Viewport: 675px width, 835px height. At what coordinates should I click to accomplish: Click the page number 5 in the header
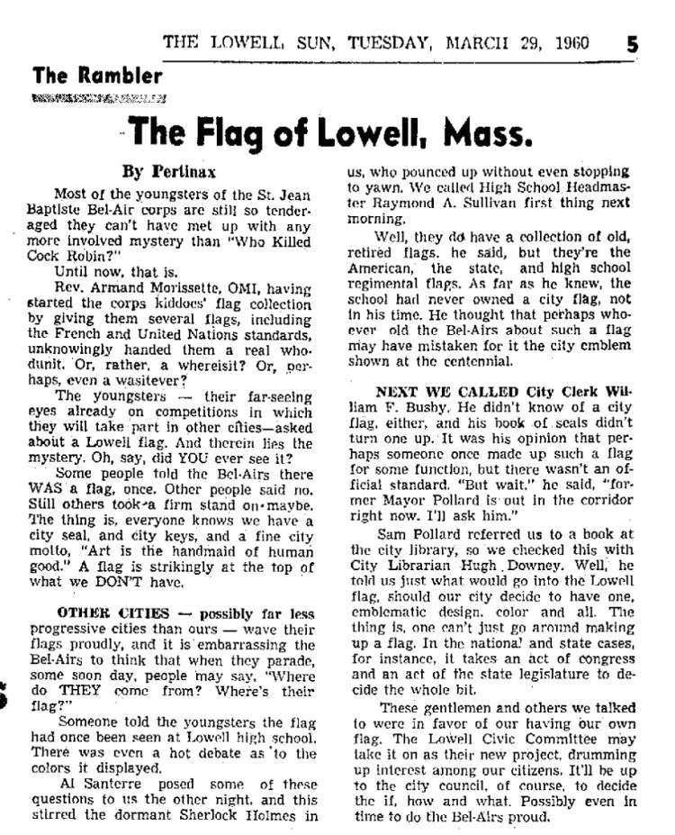[x=633, y=42]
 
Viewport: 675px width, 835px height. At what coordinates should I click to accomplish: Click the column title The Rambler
[x=96, y=77]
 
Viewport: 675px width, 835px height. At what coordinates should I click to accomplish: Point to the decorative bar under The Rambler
[x=97, y=97]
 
